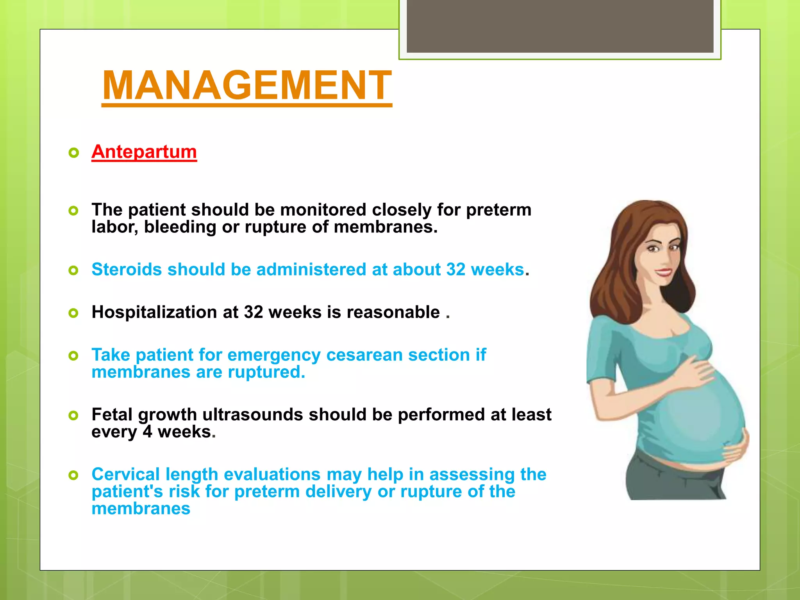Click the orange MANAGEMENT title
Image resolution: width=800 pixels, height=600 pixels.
coord(247,85)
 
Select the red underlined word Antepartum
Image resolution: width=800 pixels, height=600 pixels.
coord(144,152)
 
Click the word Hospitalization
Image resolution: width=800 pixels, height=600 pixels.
coord(154,312)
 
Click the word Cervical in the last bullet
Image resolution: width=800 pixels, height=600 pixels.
coord(125,474)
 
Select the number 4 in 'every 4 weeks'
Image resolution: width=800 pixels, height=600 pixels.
coord(147,432)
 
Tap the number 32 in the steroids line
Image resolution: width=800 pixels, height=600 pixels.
coord(456,270)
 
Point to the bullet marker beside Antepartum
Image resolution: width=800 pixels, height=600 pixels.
coord(73,153)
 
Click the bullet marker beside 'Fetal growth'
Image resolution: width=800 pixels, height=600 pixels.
coord(73,415)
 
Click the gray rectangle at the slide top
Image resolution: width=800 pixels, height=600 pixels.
coord(560,26)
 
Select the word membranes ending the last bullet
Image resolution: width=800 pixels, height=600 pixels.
coord(141,509)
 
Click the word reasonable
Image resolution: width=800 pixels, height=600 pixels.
coord(393,312)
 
